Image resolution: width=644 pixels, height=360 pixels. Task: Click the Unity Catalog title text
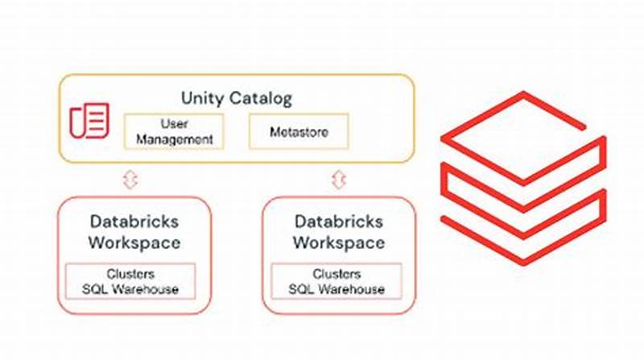tap(236, 99)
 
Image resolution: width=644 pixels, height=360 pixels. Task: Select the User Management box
tap(174, 131)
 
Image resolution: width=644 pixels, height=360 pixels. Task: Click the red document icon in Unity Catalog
tap(89, 122)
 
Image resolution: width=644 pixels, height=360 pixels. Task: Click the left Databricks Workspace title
tap(134, 231)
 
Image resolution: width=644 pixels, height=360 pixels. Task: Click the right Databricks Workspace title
tap(338, 231)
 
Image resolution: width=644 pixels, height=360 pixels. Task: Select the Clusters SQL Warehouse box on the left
tap(130, 281)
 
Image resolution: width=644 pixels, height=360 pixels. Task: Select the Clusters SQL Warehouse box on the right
tap(337, 281)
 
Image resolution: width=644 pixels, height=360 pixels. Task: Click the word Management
tap(174, 139)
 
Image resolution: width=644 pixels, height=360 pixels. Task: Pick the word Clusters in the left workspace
tap(130, 274)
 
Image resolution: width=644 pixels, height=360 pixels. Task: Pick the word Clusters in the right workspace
tap(337, 274)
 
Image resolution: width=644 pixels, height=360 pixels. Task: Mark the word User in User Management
tap(174, 124)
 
